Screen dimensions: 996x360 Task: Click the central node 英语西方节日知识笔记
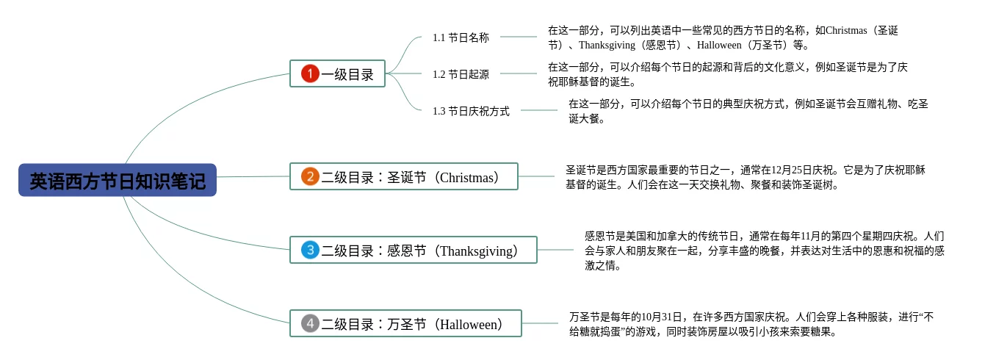click(x=118, y=180)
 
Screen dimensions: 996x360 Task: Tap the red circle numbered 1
click(x=310, y=73)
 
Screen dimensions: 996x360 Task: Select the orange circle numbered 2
click(x=310, y=176)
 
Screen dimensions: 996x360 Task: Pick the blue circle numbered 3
click(x=310, y=250)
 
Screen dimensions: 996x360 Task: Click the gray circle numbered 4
click(x=310, y=323)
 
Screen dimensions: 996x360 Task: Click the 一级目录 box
click(x=337, y=73)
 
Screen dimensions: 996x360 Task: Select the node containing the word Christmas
click(x=404, y=176)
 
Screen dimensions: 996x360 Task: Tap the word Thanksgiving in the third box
click(x=476, y=251)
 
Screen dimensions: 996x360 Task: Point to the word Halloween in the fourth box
click(x=468, y=324)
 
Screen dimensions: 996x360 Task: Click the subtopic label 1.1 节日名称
click(x=461, y=37)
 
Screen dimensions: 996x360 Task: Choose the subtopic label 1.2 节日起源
click(x=461, y=74)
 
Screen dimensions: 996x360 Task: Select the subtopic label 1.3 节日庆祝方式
click(x=471, y=111)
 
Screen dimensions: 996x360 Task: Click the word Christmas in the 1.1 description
click(x=846, y=30)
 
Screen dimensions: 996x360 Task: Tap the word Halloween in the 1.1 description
click(x=719, y=45)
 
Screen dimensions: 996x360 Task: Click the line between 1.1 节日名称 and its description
click(x=519, y=37)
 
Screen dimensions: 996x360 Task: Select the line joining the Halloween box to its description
click(x=540, y=323)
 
